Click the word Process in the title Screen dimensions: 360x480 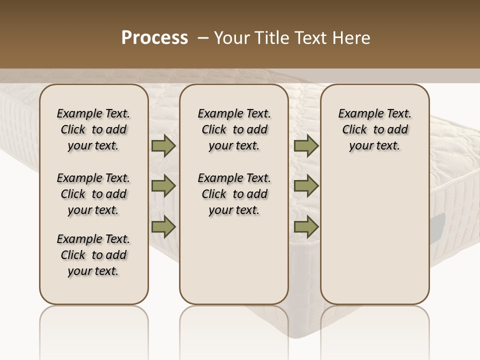tap(154, 37)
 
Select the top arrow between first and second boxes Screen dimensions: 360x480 tap(163, 145)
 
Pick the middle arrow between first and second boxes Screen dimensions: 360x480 tap(163, 186)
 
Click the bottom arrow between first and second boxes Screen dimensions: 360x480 tap(163, 227)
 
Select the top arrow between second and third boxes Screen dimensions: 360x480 tap(306, 145)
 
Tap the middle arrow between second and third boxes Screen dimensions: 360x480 tap(306, 186)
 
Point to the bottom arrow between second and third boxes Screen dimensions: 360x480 tap(306, 227)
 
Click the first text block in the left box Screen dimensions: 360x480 tap(93, 129)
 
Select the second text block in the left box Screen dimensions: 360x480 tap(93, 194)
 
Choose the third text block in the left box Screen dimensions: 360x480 tap(93, 255)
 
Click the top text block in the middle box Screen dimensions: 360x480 tap(234, 129)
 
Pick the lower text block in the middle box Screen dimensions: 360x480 tap(234, 194)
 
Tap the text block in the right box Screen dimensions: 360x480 tap(375, 129)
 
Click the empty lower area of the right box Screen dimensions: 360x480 tap(375, 235)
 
